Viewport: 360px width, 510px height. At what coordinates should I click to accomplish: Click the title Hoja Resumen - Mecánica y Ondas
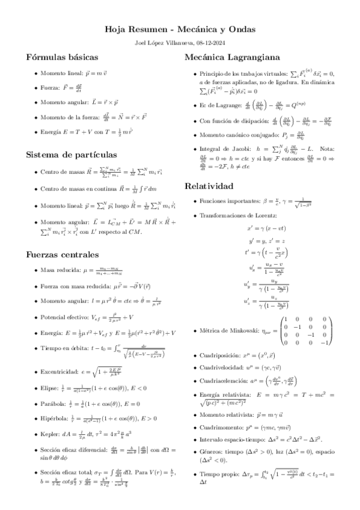click(x=180, y=29)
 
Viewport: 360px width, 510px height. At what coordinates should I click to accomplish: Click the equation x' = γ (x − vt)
click(x=266, y=228)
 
